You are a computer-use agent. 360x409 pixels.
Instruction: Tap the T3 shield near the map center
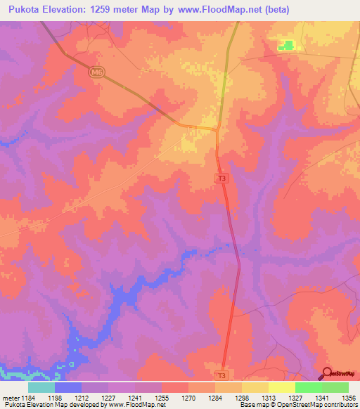coord(222,179)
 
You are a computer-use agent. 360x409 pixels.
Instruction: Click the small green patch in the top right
coord(286,46)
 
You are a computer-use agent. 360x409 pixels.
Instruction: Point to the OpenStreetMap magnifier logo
coord(328,373)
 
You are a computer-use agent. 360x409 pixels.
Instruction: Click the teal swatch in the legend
coord(41,387)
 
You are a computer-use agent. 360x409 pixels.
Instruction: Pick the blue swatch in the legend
coord(68,387)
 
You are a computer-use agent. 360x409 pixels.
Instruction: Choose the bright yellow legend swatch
coord(282,387)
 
